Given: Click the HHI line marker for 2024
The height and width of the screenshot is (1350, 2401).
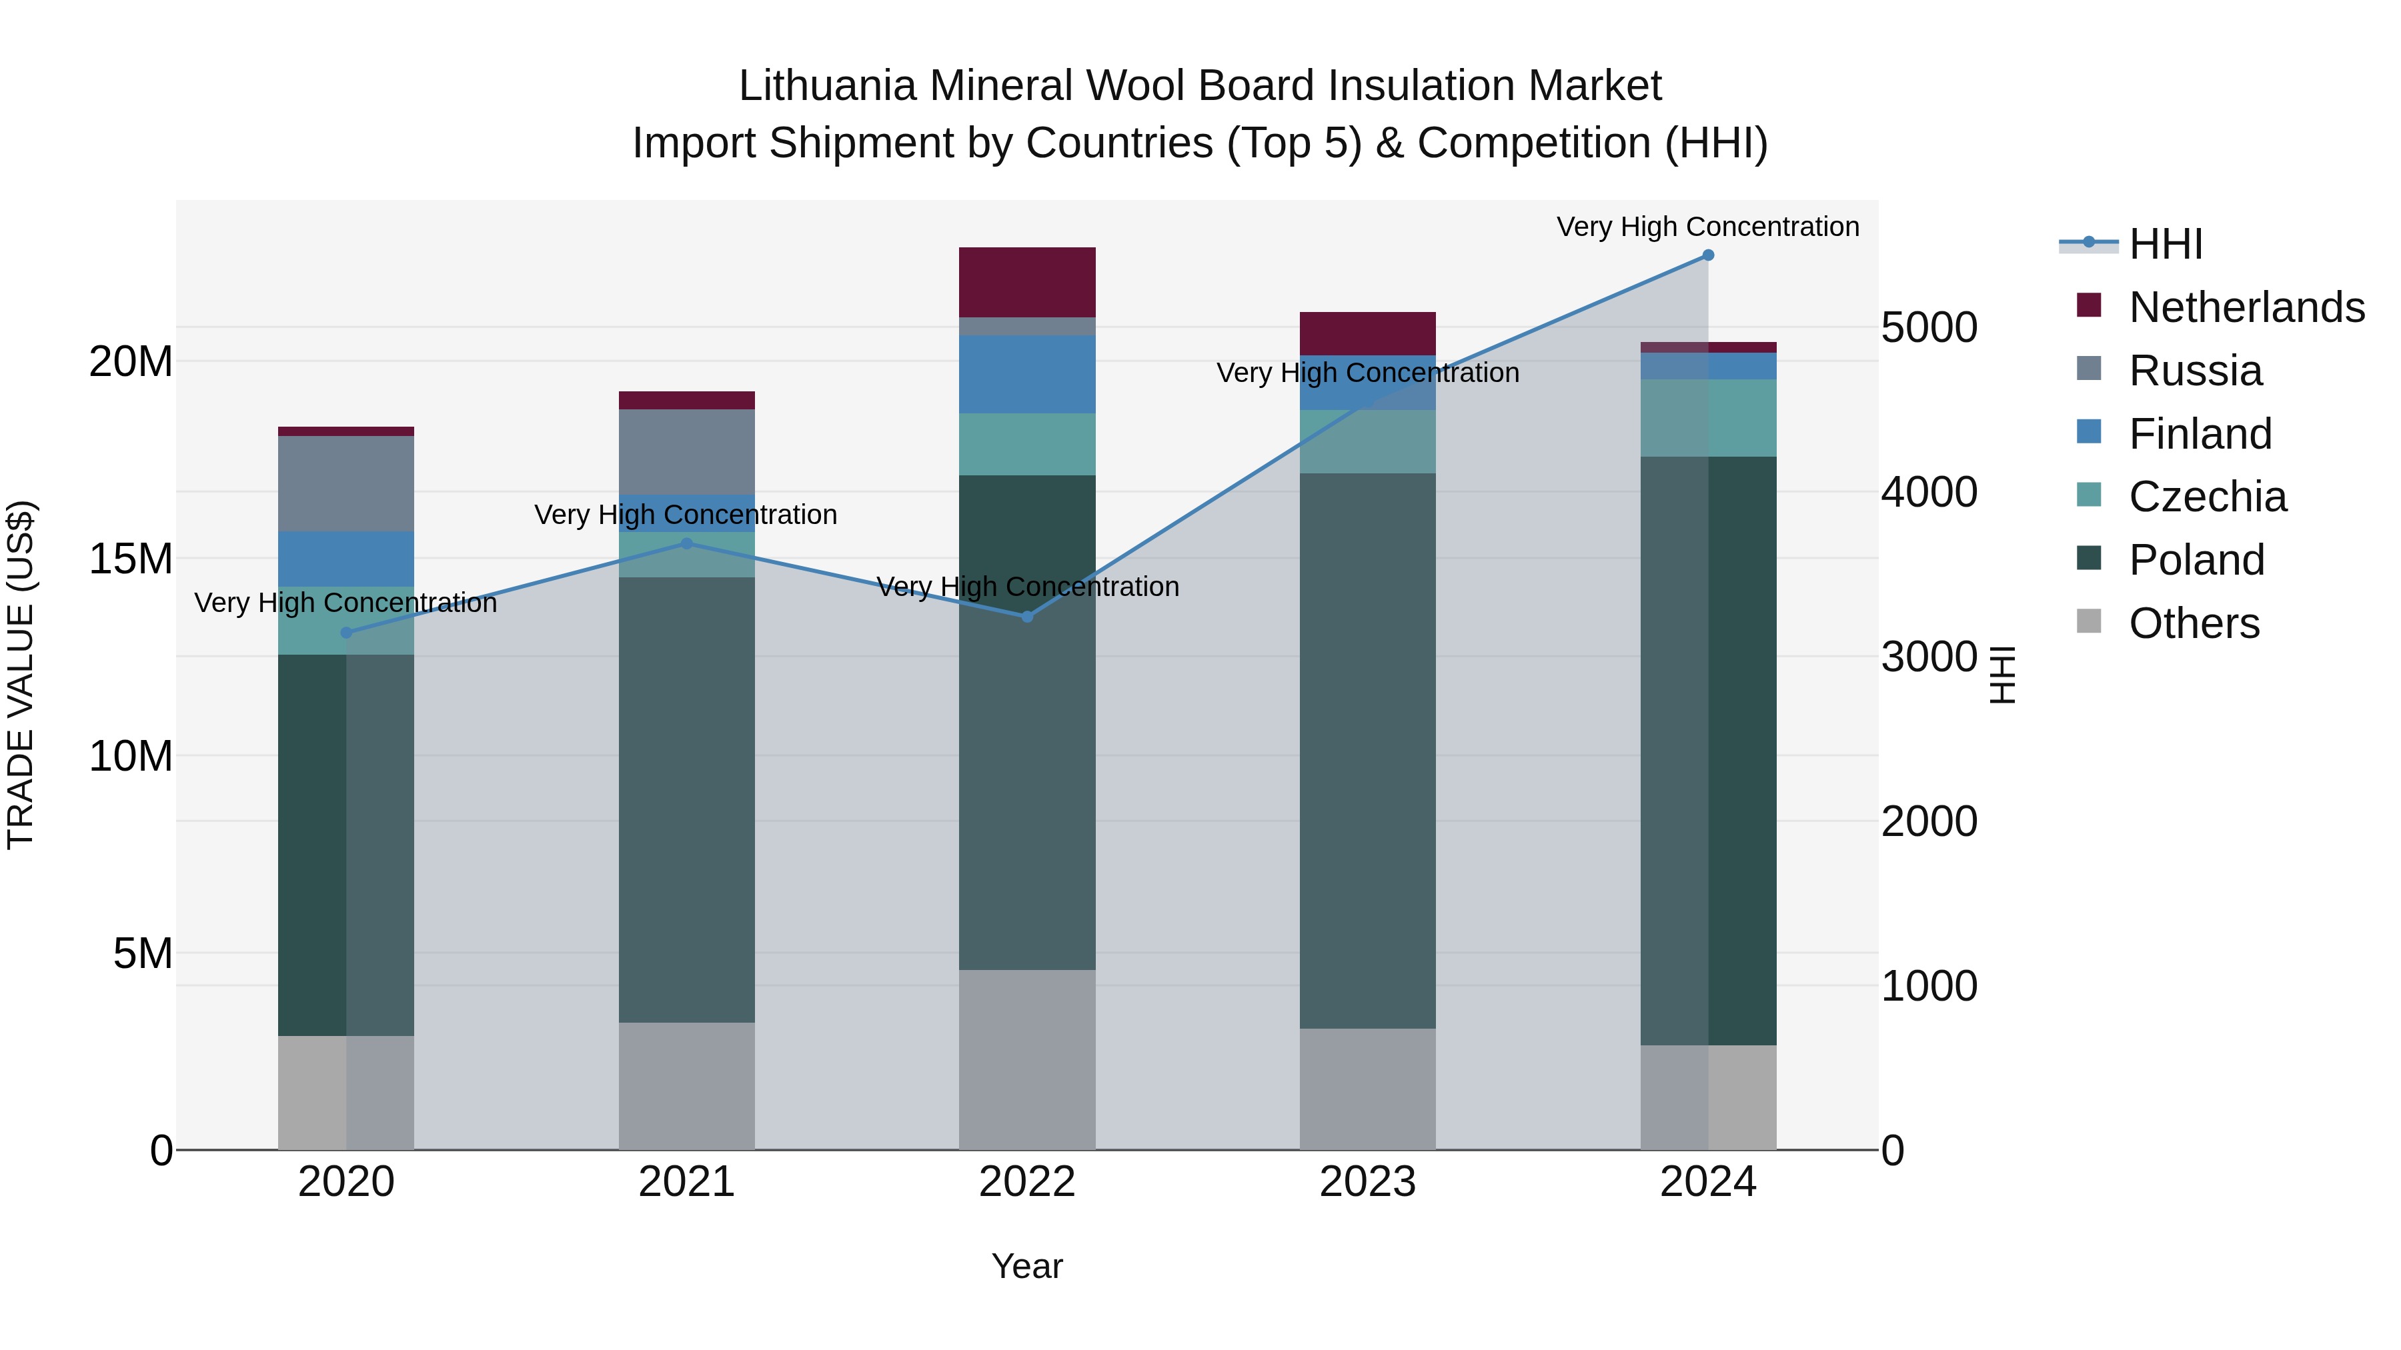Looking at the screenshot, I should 1707,255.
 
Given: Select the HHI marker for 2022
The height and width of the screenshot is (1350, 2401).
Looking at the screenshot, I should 1027,617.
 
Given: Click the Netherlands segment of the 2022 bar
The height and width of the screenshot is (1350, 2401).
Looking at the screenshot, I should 1027,282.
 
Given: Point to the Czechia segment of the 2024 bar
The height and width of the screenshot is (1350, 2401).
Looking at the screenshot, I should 1707,417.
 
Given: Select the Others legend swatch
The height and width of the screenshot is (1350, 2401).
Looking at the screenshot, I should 2089,621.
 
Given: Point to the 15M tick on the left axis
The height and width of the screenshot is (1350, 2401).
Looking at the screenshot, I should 131,559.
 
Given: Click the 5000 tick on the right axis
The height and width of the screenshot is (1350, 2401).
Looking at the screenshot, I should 1928,328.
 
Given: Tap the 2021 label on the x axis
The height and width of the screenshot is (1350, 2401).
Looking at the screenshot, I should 686,1182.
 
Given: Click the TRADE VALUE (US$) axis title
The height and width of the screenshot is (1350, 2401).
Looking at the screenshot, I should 21,675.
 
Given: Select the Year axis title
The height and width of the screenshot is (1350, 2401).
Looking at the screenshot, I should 1026,1266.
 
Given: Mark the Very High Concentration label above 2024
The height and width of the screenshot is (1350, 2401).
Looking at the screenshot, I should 1707,227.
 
